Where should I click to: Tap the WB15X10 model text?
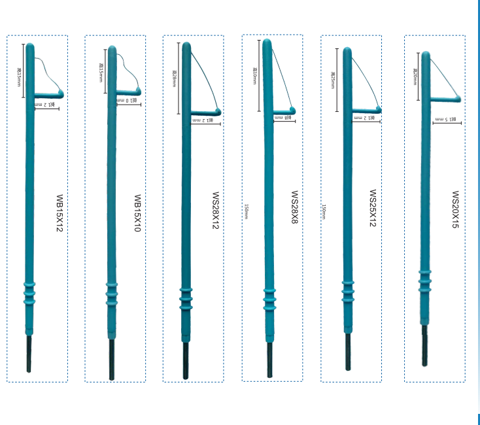[x=137, y=213]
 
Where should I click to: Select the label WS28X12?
[x=216, y=211]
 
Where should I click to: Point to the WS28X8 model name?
[x=295, y=209]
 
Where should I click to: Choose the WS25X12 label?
[x=373, y=209]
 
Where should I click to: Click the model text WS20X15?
[x=455, y=210]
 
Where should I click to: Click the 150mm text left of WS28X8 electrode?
[x=246, y=211]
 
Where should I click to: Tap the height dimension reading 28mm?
[x=175, y=81]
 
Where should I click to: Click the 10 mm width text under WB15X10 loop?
[x=127, y=100]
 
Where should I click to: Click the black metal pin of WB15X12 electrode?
[x=29, y=354]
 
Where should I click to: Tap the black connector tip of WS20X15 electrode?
[x=424, y=347]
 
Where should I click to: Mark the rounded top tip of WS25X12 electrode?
[x=347, y=51]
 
